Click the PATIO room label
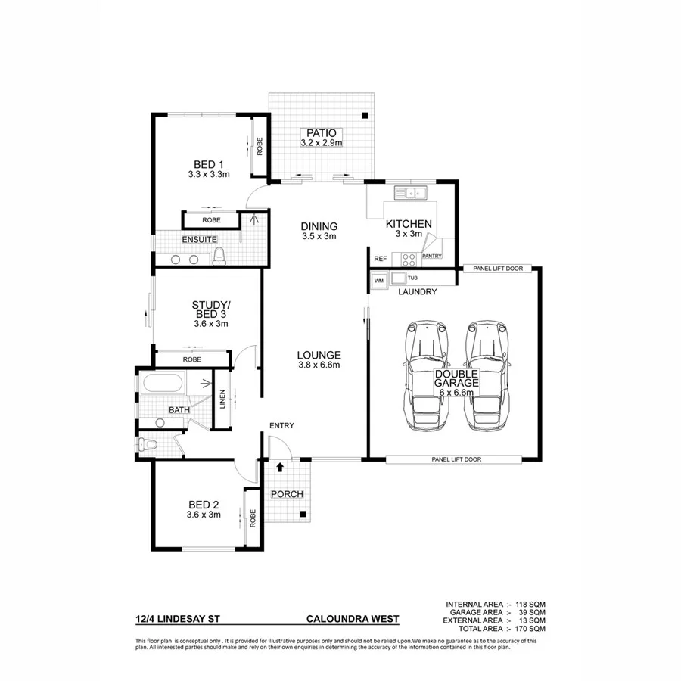(322, 132)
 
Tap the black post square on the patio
(365, 116)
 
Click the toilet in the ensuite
(219, 257)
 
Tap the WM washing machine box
(379, 281)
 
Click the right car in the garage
(487, 376)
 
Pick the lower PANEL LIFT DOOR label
(456, 459)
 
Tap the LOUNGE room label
(319, 355)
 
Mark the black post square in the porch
(303, 515)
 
